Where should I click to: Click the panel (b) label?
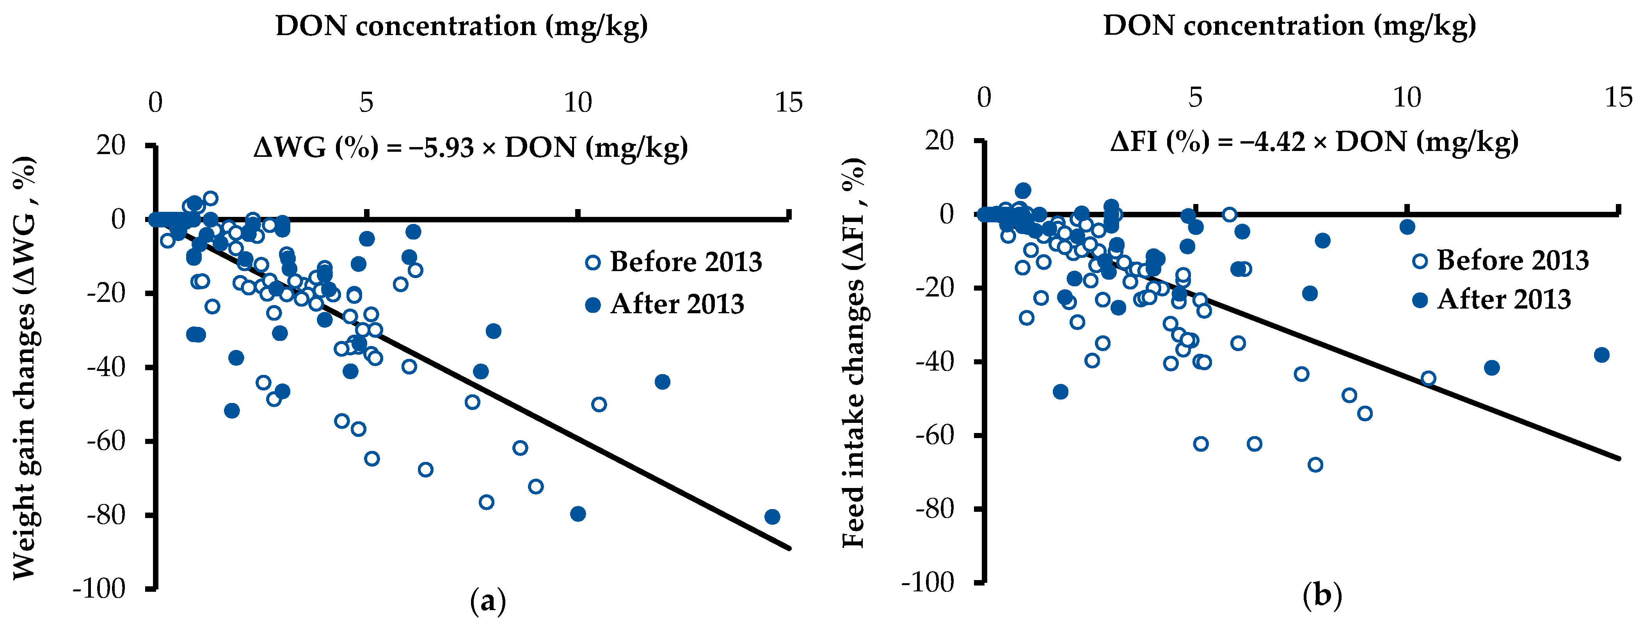click(1322, 596)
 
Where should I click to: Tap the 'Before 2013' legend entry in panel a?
click(673, 262)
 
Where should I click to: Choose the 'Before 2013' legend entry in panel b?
click(1500, 260)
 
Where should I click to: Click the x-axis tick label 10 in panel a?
click(578, 103)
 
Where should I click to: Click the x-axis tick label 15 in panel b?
click(1618, 98)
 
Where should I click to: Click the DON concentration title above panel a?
click(462, 26)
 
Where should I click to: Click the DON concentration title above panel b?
click(1290, 26)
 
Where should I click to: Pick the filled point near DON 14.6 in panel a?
click(772, 516)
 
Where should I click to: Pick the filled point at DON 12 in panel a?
click(662, 382)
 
